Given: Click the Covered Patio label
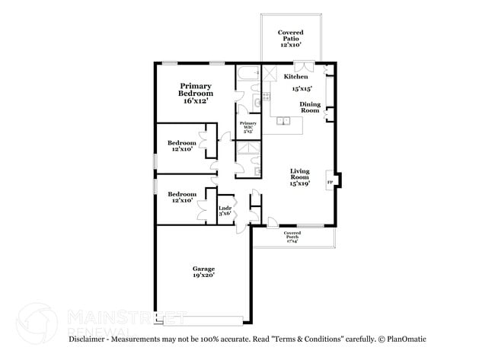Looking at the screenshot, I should click(x=291, y=39).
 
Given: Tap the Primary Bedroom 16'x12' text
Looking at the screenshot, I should click(x=196, y=93).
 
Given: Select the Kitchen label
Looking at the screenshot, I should click(x=295, y=77).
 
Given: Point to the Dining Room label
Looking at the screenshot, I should click(x=309, y=107).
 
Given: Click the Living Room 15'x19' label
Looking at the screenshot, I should click(x=299, y=177).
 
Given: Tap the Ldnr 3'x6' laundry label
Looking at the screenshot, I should click(x=225, y=210).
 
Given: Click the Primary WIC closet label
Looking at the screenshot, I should click(x=247, y=126).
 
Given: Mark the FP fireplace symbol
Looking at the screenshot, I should click(x=330, y=183).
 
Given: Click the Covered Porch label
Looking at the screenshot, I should click(x=292, y=236).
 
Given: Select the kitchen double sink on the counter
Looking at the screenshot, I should click(x=285, y=119).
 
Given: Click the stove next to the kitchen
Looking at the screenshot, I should click(x=267, y=96).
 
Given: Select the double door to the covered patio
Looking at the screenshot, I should click(x=302, y=65).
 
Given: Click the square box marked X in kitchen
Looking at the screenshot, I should click(x=270, y=73).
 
